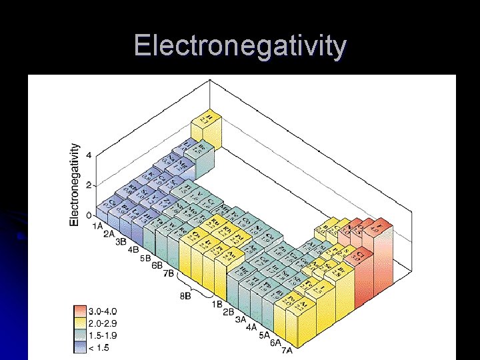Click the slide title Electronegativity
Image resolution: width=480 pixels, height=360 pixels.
[240, 46]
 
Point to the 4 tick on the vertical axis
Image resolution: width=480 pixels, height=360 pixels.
[88, 155]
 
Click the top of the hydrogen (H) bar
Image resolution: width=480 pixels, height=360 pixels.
[209, 119]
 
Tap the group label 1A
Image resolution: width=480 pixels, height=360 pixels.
[97, 227]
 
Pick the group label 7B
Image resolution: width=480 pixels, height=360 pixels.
[168, 273]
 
